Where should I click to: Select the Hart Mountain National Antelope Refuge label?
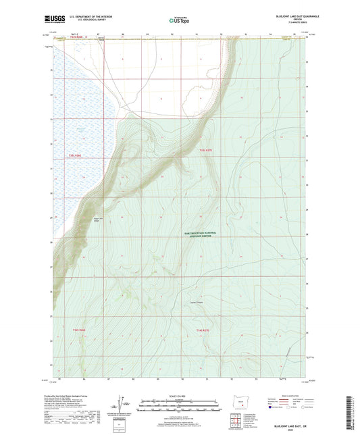pos(206,233)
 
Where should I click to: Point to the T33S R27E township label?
pos(205,150)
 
